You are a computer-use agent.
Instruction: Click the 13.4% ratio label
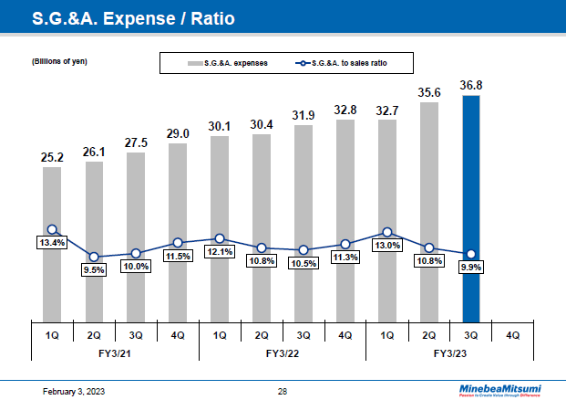coord(52,242)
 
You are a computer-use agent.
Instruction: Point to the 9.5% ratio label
coord(94,269)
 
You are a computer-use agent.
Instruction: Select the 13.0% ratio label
coord(387,245)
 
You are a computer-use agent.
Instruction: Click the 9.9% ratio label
coord(470,267)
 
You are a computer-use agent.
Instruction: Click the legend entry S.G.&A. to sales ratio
coord(355,62)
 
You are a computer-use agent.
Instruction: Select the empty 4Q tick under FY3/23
coord(512,334)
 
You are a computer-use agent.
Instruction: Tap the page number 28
coord(283,391)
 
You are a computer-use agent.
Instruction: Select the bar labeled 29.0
coord(178,233)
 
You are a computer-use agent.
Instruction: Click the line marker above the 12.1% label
coord(220,238)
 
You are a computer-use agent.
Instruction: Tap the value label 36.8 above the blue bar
coord(470,85)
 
